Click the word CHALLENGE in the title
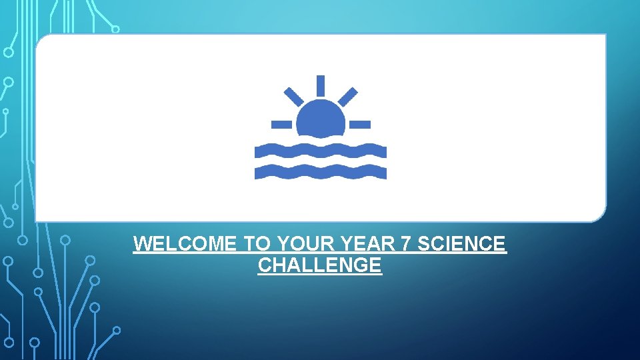(319, 265)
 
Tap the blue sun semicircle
(321, 120)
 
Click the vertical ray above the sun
(321, 85)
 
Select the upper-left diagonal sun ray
(293, 97)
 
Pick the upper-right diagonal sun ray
(347, 97)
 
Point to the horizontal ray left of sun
(281, 124)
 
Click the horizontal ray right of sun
(360, 124)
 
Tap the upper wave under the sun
(320, 151)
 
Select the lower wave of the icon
(320, 172)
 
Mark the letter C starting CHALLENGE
(264, 265)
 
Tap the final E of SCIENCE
(500, 244)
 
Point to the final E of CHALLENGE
(376, 265)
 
